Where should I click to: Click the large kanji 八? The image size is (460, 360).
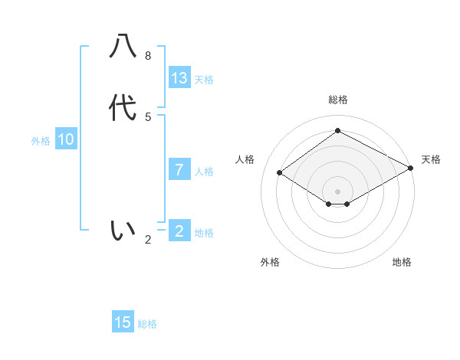(x=123, y=46)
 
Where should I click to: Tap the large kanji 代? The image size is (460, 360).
(x=123, y=108)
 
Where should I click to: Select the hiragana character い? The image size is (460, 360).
(x=123, y=230)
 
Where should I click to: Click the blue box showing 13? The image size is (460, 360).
(x=179, y=78)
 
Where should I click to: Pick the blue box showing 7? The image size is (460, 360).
(x=179, y=169)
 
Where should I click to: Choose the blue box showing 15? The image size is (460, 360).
(x=123, y=322)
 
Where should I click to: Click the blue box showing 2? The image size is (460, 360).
(x=179, y=231)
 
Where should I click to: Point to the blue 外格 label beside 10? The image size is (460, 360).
(x=41, y=141)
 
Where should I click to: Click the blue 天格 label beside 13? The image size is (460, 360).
(x=204, y=80)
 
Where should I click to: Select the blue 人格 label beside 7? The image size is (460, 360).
(x=204, y=172)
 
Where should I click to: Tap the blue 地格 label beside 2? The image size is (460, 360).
(x=204, y=233)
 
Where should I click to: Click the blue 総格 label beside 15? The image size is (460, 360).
(x=147, y=324)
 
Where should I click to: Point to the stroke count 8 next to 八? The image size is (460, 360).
(x=148, y=56)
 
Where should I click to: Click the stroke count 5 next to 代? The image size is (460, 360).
(x=148, y=117)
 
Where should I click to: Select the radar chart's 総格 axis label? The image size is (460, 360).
(x=338, y=100)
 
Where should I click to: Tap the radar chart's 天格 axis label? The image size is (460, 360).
(x=431, y=159)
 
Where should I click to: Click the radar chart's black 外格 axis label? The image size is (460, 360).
(x=270, y=262)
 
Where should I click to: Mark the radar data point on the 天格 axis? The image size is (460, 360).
(x=412, y=169)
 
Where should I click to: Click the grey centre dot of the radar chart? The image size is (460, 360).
(x=338, y=191)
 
